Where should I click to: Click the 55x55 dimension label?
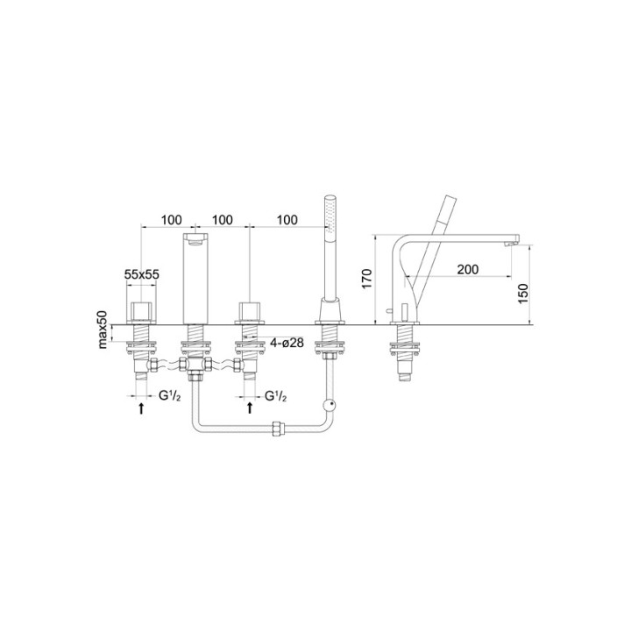142,274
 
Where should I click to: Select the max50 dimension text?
102,330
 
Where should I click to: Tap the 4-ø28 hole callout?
287,343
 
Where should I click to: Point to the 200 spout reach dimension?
468,269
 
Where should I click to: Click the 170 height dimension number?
368,279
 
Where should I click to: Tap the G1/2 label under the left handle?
170,396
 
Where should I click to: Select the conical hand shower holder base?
330,312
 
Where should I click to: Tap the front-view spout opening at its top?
197,237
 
